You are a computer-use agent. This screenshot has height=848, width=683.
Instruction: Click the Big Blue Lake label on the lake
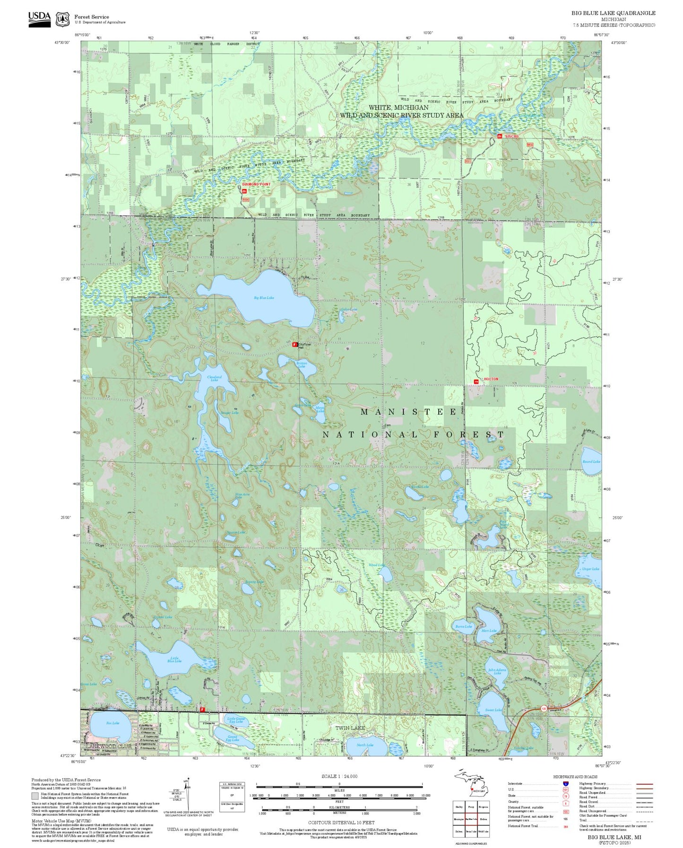tap(264, 298)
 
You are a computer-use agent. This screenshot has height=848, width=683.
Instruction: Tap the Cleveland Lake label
tap(215, 378)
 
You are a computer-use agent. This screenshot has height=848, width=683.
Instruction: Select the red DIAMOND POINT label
tap(257, 184)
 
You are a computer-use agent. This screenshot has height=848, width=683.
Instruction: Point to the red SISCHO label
tap(511, 136)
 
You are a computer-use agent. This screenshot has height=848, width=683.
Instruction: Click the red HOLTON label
tap(491, 379)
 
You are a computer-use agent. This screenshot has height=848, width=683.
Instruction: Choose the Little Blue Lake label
tap(174, 659)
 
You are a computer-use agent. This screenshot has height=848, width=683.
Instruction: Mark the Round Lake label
tap(591, 461)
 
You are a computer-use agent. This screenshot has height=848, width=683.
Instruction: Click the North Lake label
tap(365, 745)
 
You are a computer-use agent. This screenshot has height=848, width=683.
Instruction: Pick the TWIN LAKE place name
tap(350, 728)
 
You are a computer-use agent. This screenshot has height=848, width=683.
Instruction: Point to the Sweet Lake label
tap(494, 710)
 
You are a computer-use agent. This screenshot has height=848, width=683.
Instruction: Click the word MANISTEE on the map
tap(409, 412)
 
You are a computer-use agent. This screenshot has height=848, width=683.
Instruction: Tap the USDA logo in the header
tap(39, 19)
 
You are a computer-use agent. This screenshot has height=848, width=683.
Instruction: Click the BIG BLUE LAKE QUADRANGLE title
tap(613, 13)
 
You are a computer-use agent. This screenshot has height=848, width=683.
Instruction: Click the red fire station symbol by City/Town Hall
tap(295, 345)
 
